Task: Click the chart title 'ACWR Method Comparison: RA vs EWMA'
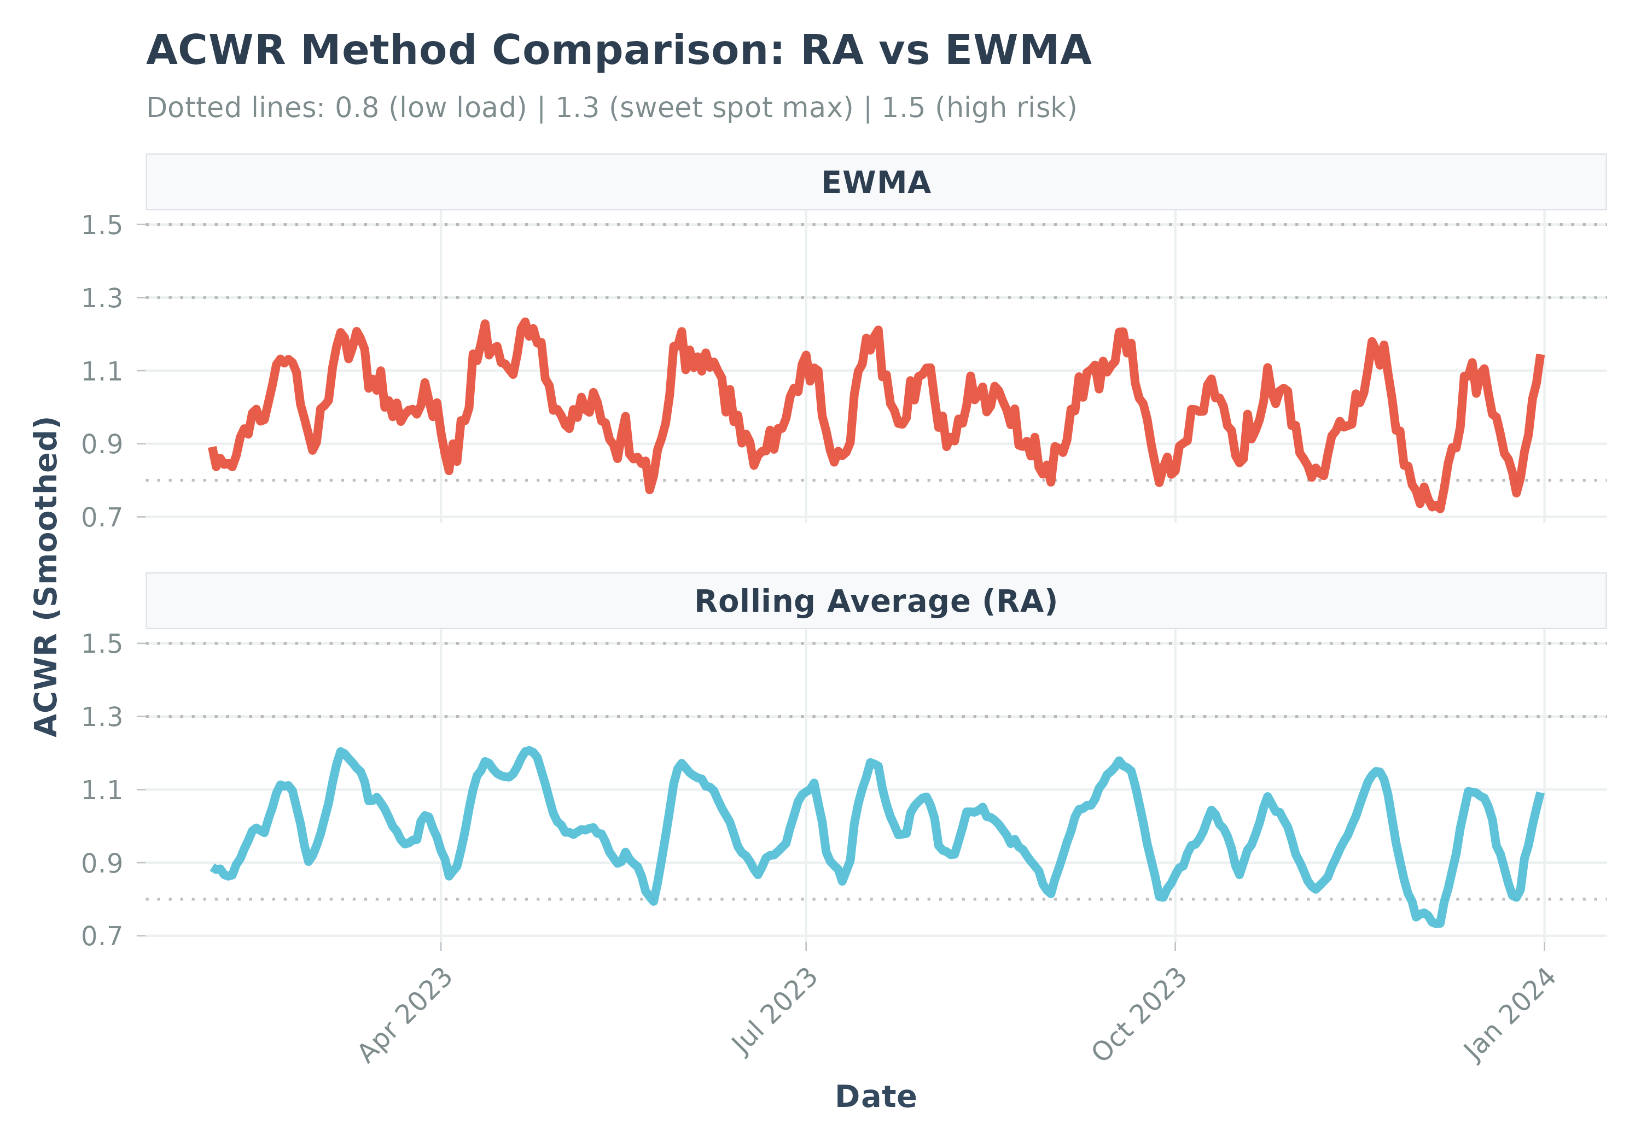click(x=618, y=51)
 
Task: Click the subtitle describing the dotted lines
click(x=611, y=108)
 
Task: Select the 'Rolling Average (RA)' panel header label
click(x=876, y=601)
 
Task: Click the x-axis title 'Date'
click(x=876, y=1097)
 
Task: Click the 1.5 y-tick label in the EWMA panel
click(x=102, y=225)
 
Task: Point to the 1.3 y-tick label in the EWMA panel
click(x=102, y=298)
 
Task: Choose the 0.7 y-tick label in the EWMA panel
click(x=102, y=517)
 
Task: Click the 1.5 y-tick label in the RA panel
click(x=102, y=645)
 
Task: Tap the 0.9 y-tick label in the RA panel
click(x=102, y=864)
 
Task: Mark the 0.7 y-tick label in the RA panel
click(x=102, y=936)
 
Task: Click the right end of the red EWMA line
click(x=1541, y=356)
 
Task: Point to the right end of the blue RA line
click(x=1541, y=794)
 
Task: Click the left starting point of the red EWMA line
click(x=212, y=449)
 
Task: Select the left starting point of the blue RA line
click(x=213, y=869)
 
